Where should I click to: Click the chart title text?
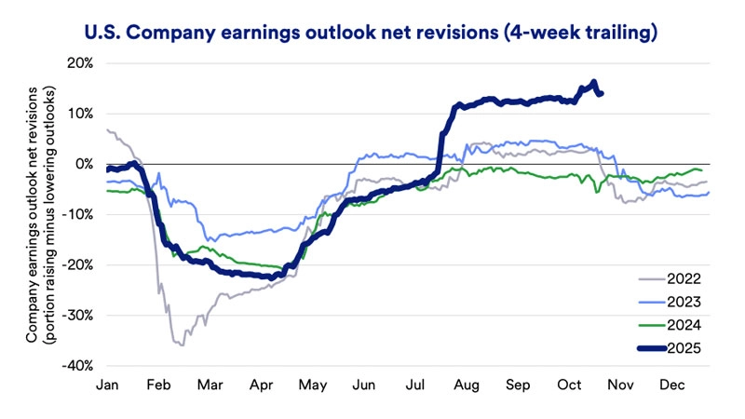click(372, 34)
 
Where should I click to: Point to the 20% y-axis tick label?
click(79, 63)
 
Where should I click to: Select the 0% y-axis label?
click(84, 164)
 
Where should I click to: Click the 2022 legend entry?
click(684, 277)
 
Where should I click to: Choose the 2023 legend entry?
click(684, 301)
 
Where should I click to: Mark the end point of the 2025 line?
click(601, 93)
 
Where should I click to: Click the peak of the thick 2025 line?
click(594, 82)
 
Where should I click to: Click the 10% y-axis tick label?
click(79, 114)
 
